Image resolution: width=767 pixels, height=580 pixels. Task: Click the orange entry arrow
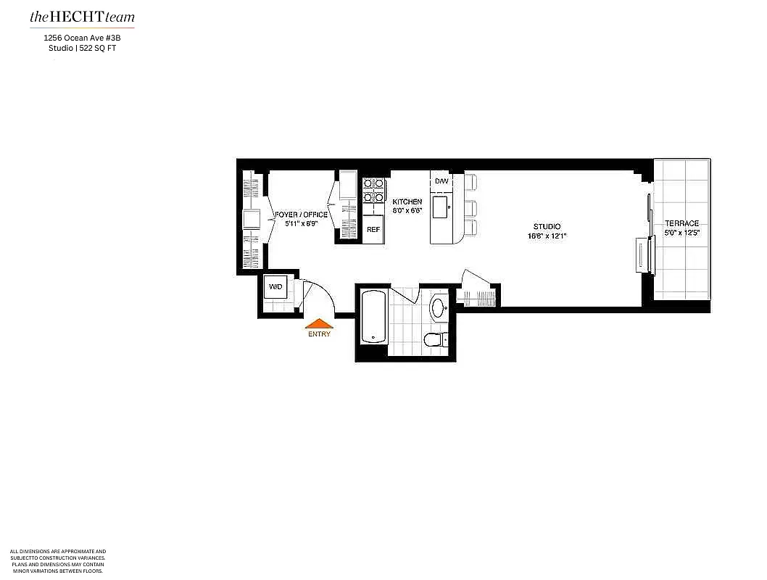click(319, 325)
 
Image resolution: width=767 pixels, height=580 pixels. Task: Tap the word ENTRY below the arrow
click(319, 334)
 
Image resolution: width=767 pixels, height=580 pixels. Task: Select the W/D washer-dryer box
click(275, 287)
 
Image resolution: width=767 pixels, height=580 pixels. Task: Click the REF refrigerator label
click(373, 229)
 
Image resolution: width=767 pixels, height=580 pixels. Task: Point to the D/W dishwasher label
click(441, 181)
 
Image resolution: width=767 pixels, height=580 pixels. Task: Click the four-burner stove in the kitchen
click(373, 190)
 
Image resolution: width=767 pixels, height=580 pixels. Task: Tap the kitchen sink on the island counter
click(440, 207)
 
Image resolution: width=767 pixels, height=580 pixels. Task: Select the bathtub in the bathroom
click(371, 317)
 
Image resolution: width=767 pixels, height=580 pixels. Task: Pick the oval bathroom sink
click(439, 307)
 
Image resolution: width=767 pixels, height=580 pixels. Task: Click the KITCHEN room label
click(407, 202)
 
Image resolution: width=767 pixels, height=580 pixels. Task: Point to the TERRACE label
click(681, 223)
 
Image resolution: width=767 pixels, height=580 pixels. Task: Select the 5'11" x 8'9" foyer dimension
click(301, 224)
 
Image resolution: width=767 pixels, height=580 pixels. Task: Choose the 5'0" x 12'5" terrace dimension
click(681, 233)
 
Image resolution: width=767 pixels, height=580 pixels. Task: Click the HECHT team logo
click(82, 17)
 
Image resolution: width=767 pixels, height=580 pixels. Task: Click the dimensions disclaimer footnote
click(58, 561)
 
